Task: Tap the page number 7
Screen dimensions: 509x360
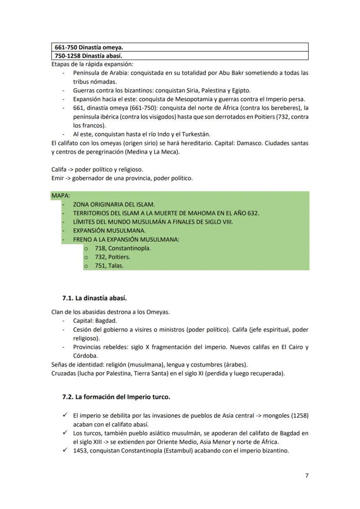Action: tap(307, 476)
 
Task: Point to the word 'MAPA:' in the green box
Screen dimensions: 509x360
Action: tap(60, 196)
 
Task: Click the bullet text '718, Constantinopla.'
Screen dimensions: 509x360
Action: tap(123, 248)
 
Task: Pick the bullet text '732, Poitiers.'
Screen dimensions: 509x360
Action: tap(113, 257)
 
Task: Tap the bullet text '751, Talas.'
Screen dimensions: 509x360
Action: tap(109, 266)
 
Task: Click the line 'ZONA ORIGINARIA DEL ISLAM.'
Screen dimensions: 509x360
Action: tap(114, 204)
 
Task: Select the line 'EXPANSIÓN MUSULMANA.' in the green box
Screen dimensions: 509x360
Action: tap(110, 231)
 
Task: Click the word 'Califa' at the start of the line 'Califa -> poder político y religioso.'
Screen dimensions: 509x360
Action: tap(59, 169)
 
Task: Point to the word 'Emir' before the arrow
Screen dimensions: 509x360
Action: tap(57, 178)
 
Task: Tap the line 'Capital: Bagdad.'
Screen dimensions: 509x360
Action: tap(95, 321)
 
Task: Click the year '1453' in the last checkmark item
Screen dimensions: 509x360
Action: tap(81, 451)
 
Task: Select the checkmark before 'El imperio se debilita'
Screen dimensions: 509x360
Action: tap(65, 415)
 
